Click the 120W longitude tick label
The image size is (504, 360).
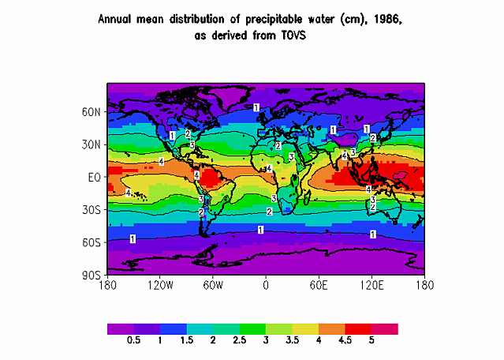pyautogui.click(x=160, y=285)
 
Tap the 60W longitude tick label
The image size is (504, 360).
pyautogui.click(x=214, y=285)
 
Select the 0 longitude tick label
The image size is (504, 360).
pyautogui.click(x=266, y=285)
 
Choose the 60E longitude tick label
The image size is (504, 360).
pyautogui.click(x=319, y=285)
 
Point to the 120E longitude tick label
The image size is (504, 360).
pyautogui.click(x=371, y=285)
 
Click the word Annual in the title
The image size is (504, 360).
pyautogui.click(x=116, y=20)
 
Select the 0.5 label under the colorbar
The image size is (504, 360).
pyautogui.click(x=133, y=339)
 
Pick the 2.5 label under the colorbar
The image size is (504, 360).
pyautogui.click(x=239, y=339)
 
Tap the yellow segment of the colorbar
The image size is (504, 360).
pyautogui.click(x=305, y=328)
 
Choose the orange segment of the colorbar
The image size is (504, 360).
pyautogui.click(x=331, y=328)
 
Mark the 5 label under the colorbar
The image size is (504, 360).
pyautogui.click(x=371, y=339)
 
